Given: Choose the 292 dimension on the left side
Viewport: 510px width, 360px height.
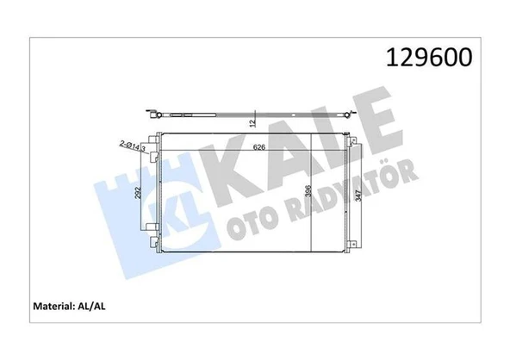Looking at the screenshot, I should tap(136, 194).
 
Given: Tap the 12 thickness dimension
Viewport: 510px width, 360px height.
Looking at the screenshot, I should tap(252, 123).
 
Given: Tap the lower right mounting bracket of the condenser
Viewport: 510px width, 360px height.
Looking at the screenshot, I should tap(350, 245).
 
